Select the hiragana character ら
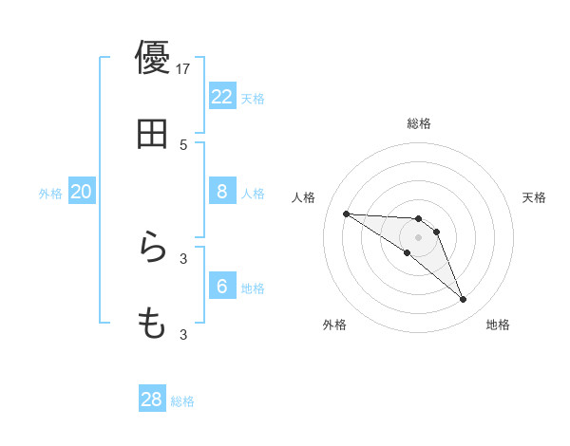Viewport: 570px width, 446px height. (152, 249)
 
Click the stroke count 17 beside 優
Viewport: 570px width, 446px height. (183, 68)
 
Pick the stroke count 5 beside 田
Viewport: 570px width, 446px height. (183, 144)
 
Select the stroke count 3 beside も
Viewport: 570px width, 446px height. (183, 334)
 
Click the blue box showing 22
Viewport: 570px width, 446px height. (222, 97)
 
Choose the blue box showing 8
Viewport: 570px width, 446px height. (222, 192)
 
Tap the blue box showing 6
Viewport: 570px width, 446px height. (222, 287)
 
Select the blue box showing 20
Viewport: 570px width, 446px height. (82, 192)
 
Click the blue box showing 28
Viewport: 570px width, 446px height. (152, 400)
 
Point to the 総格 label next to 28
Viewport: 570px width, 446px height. (183, 401)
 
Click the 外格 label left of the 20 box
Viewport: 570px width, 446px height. (50, 194)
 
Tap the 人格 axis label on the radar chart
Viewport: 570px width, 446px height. (304, 197)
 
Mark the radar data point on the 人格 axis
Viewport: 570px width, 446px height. (346, 214)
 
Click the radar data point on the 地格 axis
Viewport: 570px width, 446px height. (463, 300)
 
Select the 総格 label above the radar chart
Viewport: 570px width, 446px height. (419, 123)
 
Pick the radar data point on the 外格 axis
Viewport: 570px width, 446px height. (407, 252)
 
